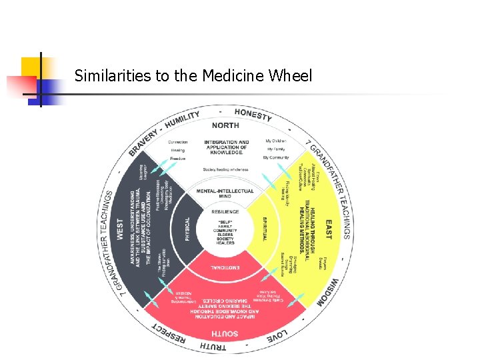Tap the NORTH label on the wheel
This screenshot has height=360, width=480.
[x=225, y=125]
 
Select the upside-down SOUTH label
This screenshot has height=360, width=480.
[x=225, y=332]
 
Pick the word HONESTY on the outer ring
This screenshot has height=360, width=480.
[x=254, y=115]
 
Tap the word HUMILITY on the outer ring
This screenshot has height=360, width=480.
[x=183, y=120]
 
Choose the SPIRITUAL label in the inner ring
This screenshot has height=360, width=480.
[x=265, y=229]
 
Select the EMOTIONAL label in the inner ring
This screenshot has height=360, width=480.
[x=225, y=268]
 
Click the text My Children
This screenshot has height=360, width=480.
[x=275, y=141]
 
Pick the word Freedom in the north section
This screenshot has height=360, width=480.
[x=177, y=158]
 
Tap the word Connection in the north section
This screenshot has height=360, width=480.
[x=177, y=142]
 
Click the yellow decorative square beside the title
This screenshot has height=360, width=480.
[x=31, y=67]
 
